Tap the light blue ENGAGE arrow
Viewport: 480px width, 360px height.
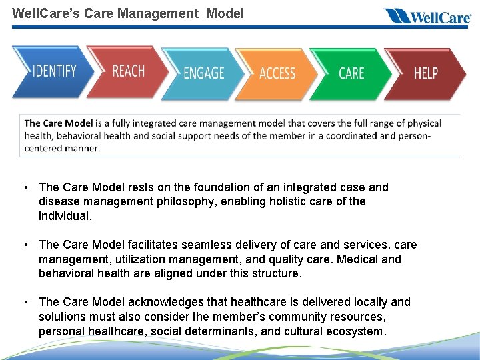(203, 73)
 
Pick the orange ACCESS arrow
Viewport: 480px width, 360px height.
(277, 73)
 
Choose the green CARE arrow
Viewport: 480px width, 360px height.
(351, 73)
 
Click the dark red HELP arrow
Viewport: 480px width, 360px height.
(425, 73)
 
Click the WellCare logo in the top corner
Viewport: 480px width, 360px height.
(427, 16)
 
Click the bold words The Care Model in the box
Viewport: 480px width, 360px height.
(58, 123)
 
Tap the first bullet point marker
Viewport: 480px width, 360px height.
(25, 187)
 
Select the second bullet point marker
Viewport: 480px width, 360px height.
(25, 245)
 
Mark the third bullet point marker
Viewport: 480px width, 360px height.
(25, 302)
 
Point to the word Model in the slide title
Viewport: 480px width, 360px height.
(225, 13)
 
